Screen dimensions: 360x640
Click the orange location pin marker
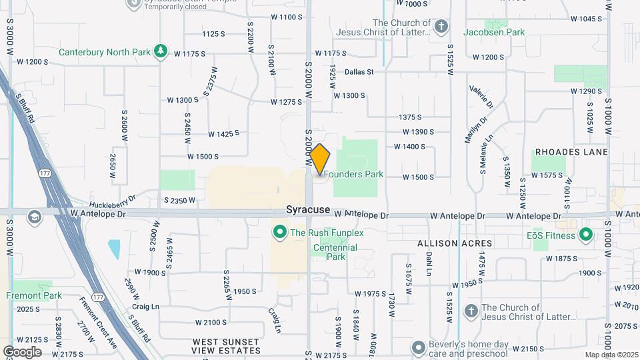(320, 159)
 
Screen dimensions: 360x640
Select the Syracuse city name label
(308, 209)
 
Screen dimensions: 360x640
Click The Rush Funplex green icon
(280, 233)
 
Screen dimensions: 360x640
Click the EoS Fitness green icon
(586, 235)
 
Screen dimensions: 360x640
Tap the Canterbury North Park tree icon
(160, 51)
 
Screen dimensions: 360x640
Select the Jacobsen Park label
(494, 32)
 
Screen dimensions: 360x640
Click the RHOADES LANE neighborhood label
(572, 152)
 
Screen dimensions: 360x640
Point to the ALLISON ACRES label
(455, 244)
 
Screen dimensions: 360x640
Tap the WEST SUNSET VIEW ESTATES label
(226, 346)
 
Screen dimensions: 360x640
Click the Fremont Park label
(34, 295)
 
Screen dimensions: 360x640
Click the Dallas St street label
(359, 72)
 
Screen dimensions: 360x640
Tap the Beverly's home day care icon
(419, 347)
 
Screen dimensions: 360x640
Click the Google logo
(22, 352)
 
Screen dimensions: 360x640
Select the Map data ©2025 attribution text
(611, 355)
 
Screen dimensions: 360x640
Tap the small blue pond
(114, 249)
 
